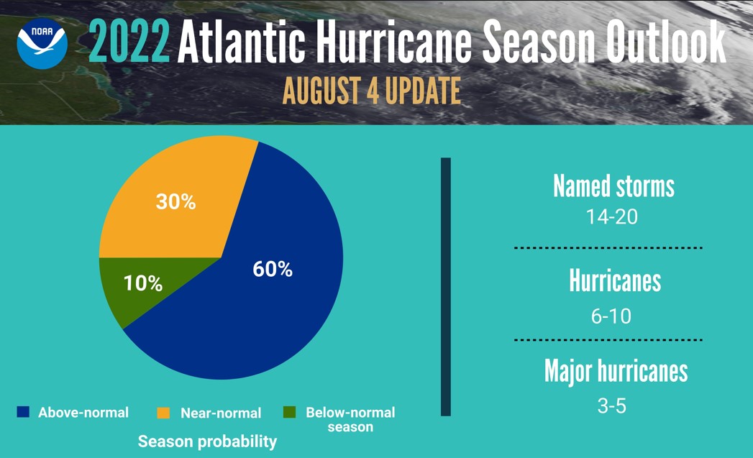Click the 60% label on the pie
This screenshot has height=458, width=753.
pyautogui.click(x=273, y=270)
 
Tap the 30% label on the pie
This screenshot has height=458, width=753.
pyautogui.click(x=175, y=202)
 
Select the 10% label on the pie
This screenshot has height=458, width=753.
pyautogui.click(x=142, y=283)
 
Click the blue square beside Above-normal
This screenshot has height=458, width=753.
pyautogui.click(x=23, y=413)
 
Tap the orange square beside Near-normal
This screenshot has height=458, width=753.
pyautogui.click(x=164, y=413)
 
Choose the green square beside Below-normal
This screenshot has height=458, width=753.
pyautogui.click(x=290, y=413)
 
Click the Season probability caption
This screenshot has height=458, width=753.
pyautogui.click(x=207, y=441)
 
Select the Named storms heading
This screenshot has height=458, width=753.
pyautogui.click(x=613, y=186)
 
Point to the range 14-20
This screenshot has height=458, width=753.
pyautogui.click(x=611, y=216)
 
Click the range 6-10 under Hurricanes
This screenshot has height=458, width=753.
pyautogui.click(x=611, y=315)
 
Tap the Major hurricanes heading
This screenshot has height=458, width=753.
pyautogui.click(x=616, y=371)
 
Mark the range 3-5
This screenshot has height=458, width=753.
pyautogui.click(x=611, y=406)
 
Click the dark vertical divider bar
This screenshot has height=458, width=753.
pyautogui.click(x=445, y=286)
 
